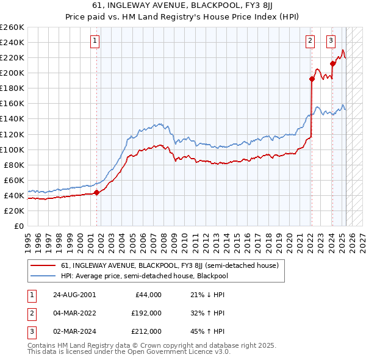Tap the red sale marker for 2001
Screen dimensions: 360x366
(x=96, y=192)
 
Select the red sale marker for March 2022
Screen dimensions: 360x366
(x=311, y=79)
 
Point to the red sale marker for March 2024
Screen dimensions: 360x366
(x=332, y=63)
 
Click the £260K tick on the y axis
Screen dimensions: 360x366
(x=12, y=27)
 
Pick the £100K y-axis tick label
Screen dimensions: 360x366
(x=12, y=149)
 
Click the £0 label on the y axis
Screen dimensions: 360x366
(x=18, y=226)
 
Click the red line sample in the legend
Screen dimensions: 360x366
(x=43, y=265)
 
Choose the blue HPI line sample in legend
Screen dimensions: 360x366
(x=43, y=275)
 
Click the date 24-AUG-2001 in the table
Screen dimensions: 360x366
(x=74, y=295)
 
